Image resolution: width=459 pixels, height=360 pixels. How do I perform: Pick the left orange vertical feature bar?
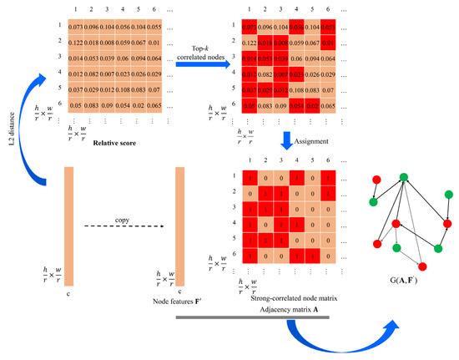(70, 226)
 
